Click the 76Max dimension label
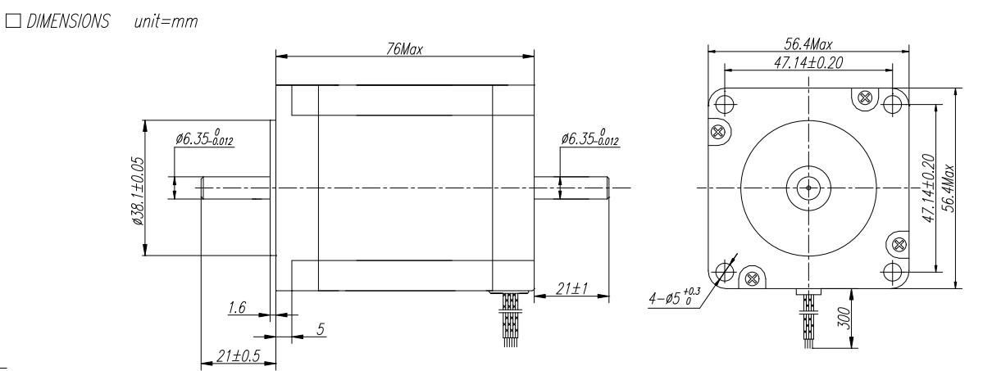pyautogui.click(x=404, y=48)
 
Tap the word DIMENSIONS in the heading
pyautogui.click(x=68, y=21)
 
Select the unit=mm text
pyautogui.click(x=166, y=21)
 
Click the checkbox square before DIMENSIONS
pyautogui.click(x=13, y=20)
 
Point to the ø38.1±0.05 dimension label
pyautogui.click(x=139, y=191)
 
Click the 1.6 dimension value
pyautogui.click(x=237, y=307)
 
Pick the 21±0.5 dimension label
pyautogui.click(x=239, y=355)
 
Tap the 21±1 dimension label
pyautogui.click(x=571, y=289)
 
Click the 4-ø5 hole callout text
pyautogui.click(x=675, y=296)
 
